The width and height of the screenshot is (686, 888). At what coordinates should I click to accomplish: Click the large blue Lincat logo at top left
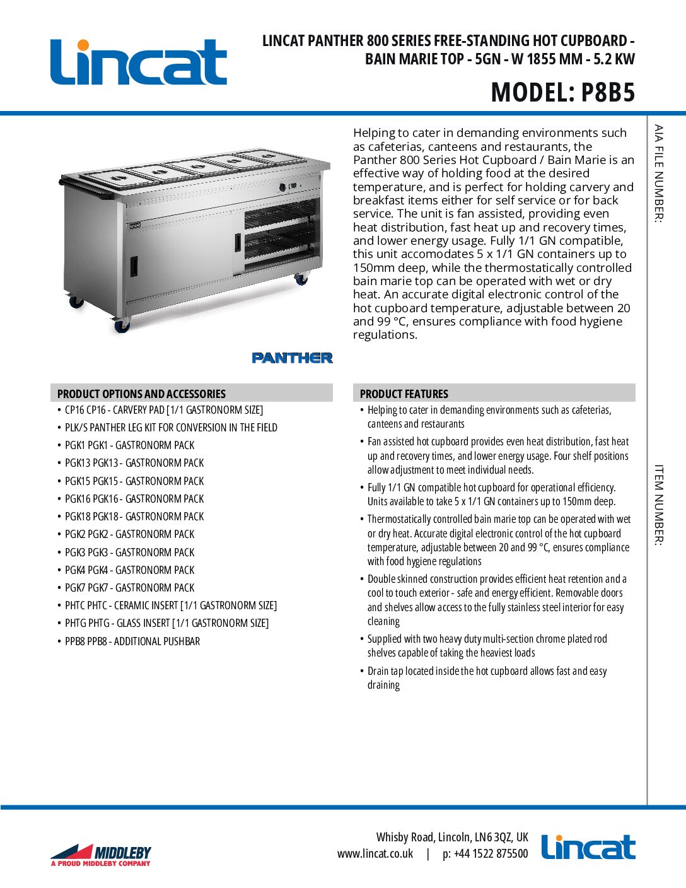click(x=138, y=62)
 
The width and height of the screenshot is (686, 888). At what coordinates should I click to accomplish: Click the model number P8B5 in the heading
click(x=607, y=93)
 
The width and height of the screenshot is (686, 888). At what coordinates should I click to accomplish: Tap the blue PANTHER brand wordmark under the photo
click(x=292, y=358)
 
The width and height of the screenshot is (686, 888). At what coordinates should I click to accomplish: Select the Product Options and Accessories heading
click(x=141, y=394)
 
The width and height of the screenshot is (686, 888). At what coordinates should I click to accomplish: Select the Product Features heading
click(x=404, y=394)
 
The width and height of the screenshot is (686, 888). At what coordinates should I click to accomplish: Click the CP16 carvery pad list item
click(x=164, y=410)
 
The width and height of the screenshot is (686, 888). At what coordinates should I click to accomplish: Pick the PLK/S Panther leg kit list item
click(x=171, y=428)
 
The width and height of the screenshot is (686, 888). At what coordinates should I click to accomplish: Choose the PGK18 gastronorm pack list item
click(x=134, y=517)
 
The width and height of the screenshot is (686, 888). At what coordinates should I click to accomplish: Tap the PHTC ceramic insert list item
click(x=171, y=605)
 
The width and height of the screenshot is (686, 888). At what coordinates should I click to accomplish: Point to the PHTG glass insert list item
click(x=166, y=623)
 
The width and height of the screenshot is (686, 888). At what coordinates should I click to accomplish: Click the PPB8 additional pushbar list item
click(x=132, y=641)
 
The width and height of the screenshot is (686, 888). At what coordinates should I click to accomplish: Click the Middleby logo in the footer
click(x=101, y=855)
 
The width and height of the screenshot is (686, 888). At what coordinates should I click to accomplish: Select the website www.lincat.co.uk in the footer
click(x=375, y=854)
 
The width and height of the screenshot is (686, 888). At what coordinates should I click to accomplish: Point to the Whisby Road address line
click(x=452, y=838)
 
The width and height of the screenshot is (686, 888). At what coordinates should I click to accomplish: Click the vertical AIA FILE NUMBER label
click(x=658, y=173)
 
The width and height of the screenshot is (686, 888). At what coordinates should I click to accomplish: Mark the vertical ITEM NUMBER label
click(x=658, y=505)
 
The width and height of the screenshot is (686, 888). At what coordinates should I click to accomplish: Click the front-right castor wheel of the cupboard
click(x=301, y=279)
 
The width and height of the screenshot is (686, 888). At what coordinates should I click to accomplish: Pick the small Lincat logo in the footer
click(x=588, y=848)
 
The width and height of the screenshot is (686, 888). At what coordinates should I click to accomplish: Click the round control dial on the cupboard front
click(x=283, y=187)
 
